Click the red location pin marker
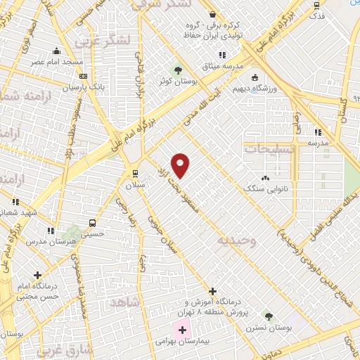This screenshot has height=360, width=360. pos(181,165)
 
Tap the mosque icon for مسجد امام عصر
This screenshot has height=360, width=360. pos(57,51)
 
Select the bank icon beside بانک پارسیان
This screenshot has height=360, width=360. pos(82,77)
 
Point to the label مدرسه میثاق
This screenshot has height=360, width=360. pos(222,65)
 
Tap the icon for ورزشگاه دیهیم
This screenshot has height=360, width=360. pos(254,78)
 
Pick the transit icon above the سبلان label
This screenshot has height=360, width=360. pos(134,174)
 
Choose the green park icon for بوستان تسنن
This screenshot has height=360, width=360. pos(266,316)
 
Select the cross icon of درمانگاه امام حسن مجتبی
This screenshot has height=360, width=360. pos(37,276)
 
